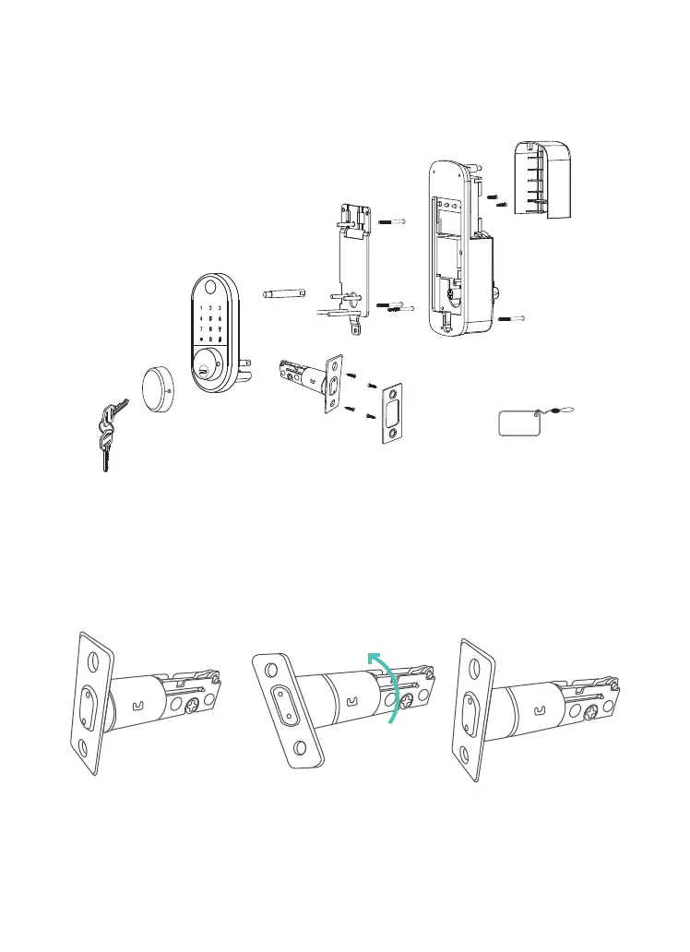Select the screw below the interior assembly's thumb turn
pos(513,318)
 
